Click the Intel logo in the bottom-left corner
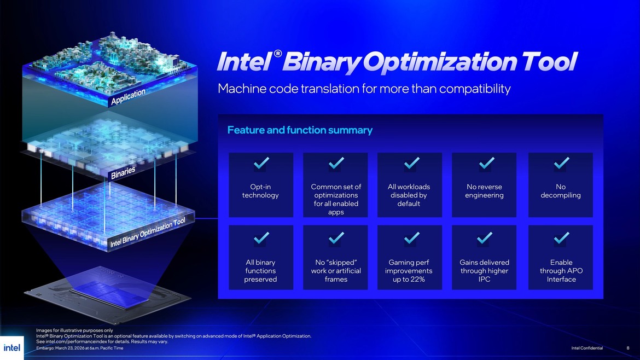point(11,348)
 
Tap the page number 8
point(627,348)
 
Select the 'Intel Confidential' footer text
point(587,348)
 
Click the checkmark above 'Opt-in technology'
point(261,163)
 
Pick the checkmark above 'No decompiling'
point(561,163)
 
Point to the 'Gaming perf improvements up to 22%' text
point(409,271)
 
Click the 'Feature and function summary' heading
point(300,130)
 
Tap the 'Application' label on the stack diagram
point(129,97)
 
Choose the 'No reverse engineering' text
point(484,191)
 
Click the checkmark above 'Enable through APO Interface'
point(561,237)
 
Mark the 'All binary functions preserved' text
point(261,271)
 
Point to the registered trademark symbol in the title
point(278,54)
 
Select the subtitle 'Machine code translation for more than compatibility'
point(364,88)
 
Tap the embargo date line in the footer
point(79,348)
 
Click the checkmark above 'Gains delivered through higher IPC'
point(484,237)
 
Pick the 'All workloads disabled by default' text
point(409,195)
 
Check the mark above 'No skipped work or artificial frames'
point(336,237)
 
